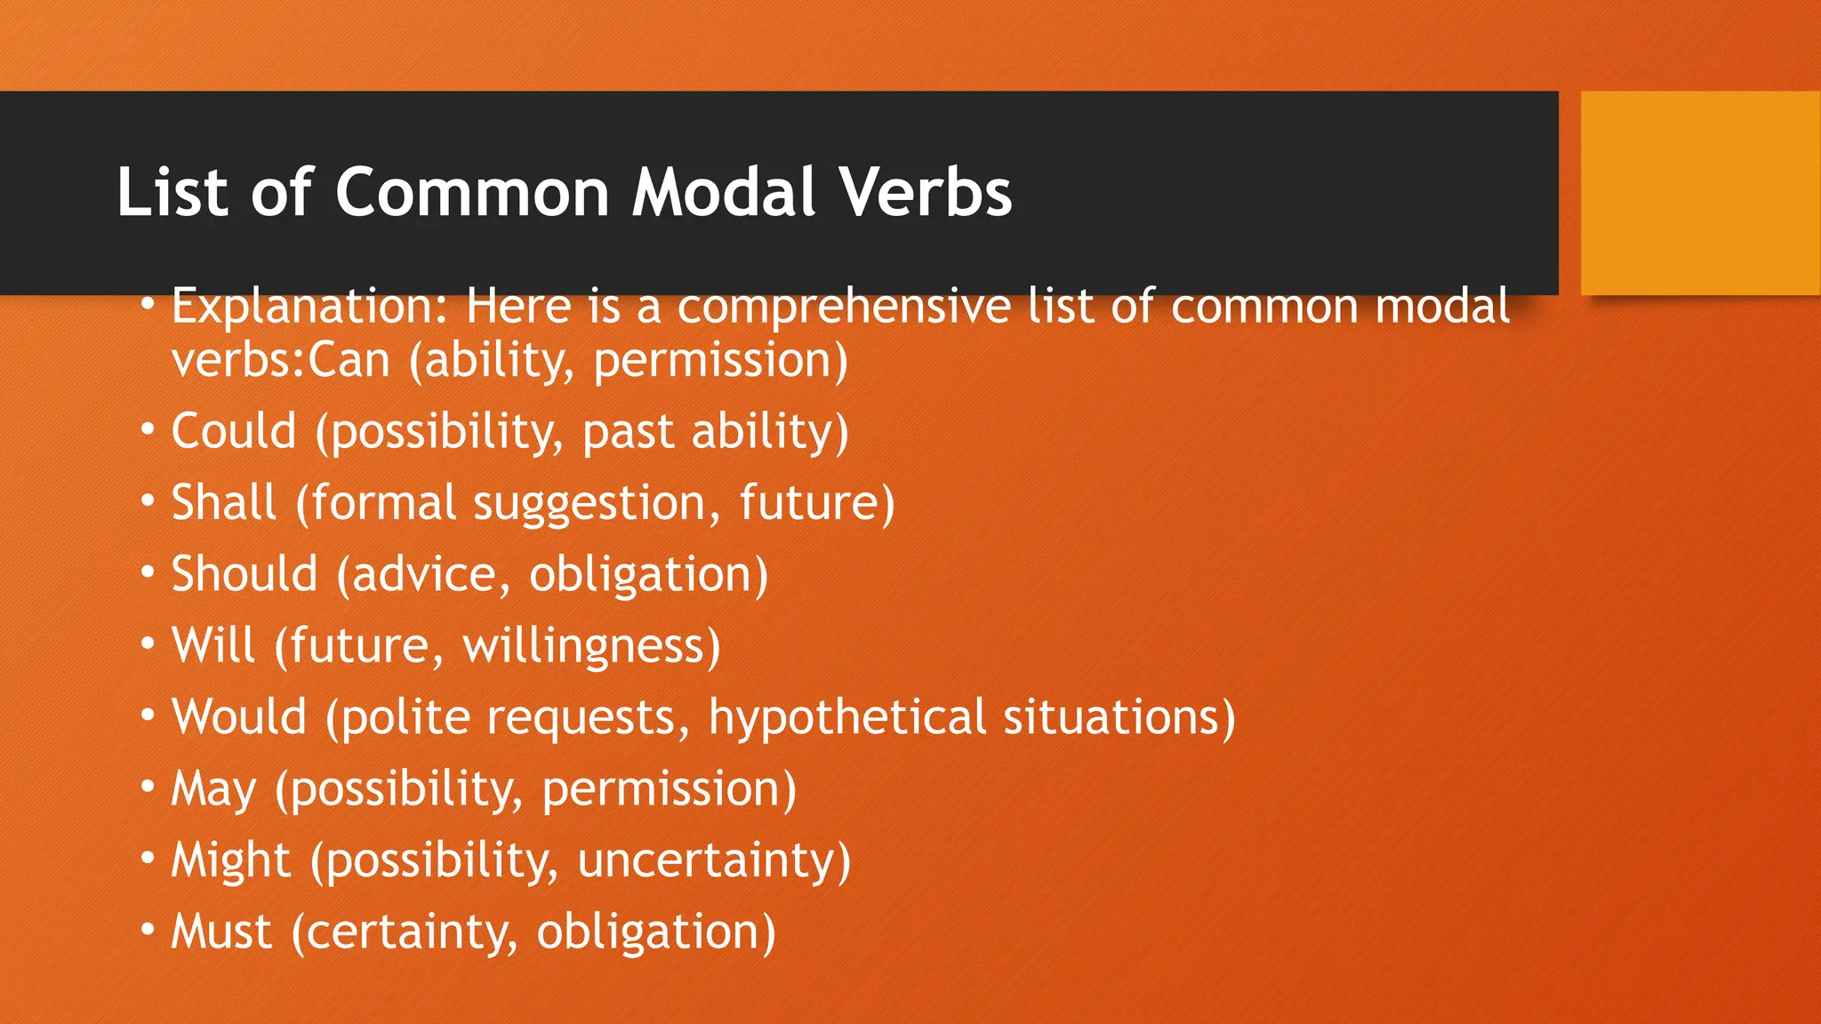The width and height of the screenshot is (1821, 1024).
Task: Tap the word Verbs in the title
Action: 925,192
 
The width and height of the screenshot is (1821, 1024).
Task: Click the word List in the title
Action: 172,192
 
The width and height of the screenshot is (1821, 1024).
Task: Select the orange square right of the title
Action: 1700,193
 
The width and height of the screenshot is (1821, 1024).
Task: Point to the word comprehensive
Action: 844,308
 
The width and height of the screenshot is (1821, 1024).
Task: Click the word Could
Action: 233,432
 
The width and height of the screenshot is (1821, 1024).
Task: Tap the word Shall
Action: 223,503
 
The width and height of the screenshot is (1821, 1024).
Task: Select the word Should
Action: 244,574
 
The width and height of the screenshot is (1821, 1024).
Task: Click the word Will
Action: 213,645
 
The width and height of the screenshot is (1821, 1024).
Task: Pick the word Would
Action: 238,716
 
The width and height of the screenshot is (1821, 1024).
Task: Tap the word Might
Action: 230,861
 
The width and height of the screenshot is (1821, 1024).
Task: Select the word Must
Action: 221,932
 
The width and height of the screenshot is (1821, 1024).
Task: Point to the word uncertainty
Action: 706,861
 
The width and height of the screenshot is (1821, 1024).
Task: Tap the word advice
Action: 423,574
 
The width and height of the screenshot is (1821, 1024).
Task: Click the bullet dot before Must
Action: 148,931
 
